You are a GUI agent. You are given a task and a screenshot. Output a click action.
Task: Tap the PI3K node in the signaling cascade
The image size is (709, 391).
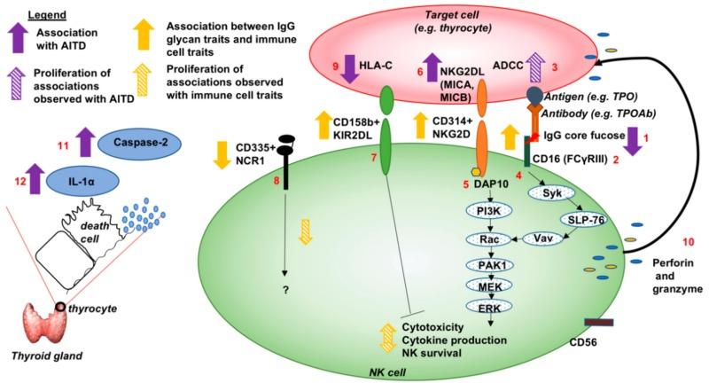pos(485,211)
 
